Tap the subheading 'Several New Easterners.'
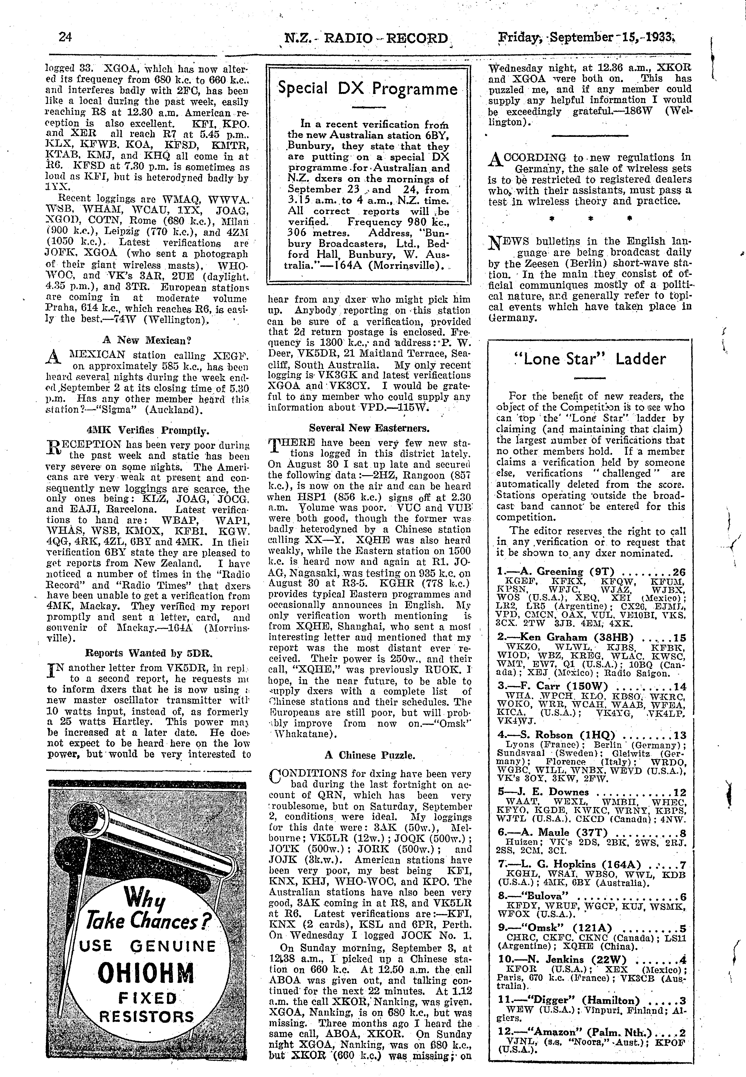(369, 427)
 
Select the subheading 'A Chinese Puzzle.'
(369, 755)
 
